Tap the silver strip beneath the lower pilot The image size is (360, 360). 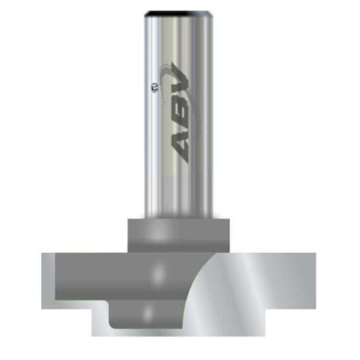tap(180, 332)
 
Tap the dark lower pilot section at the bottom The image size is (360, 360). tap(144, 315)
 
